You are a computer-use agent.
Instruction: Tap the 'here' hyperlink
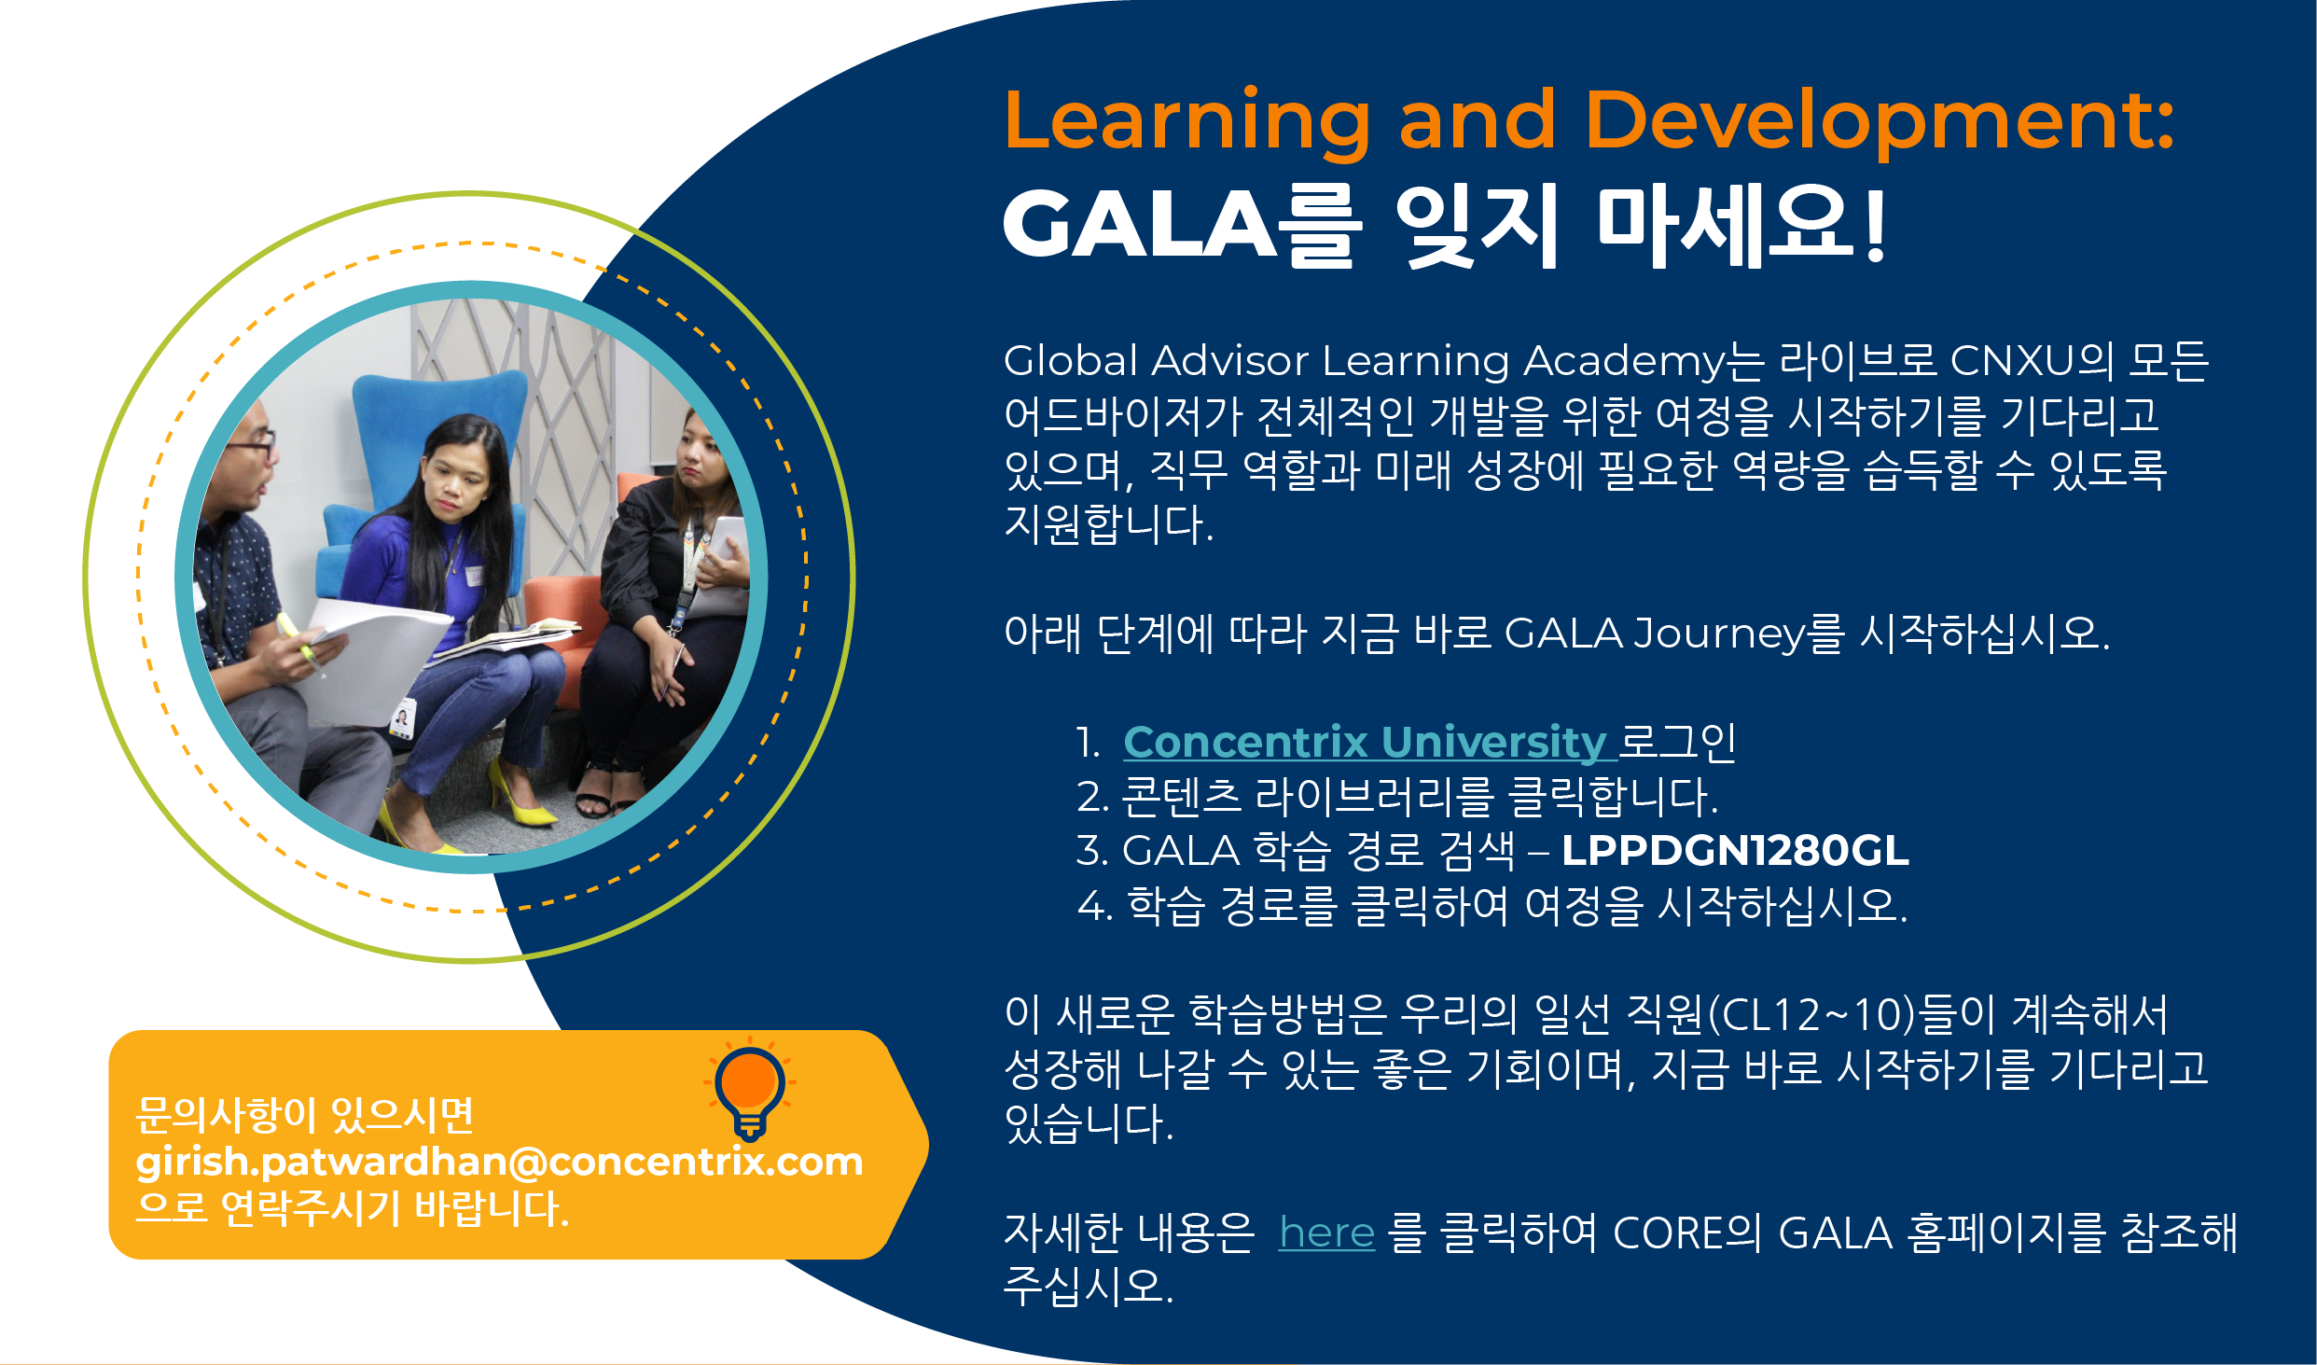pyautogui.click(x=1326, y=1233)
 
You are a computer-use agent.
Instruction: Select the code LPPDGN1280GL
pyautogui.click(x=1735, y=850)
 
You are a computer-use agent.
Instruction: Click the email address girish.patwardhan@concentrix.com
pyautogui.click(x=499, y=1163)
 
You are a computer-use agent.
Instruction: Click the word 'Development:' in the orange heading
pyautogui.click(x=1880, y=120)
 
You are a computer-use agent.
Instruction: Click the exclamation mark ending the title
pyautogui.click(x=1876, y=225)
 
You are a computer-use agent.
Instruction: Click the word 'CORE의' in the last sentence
pyautogui.click(x=1686, y=1233)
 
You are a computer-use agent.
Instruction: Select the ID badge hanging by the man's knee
pyautogui.click(x=402, y=718)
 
